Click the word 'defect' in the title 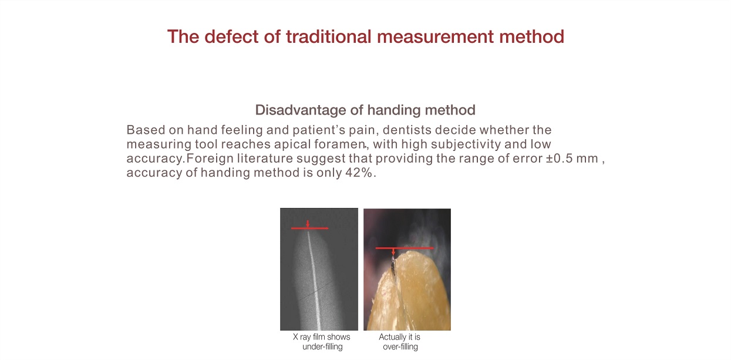[x=232, y=36]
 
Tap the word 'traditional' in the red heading [x=329, y=36]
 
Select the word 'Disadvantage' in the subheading [x=300, y=110]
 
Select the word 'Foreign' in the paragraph [x=210, y=159]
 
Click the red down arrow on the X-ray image [x=308, y=224]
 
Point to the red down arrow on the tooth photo [x=393, y=251]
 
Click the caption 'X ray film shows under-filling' [x=322, y=342]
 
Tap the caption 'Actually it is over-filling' [x=400, y=342]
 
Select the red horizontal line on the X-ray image [x=309, y=228]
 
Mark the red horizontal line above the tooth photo [x=405, y=248]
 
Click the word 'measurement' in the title [x=435, y=36]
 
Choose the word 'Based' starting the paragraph [x=146, y=130]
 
